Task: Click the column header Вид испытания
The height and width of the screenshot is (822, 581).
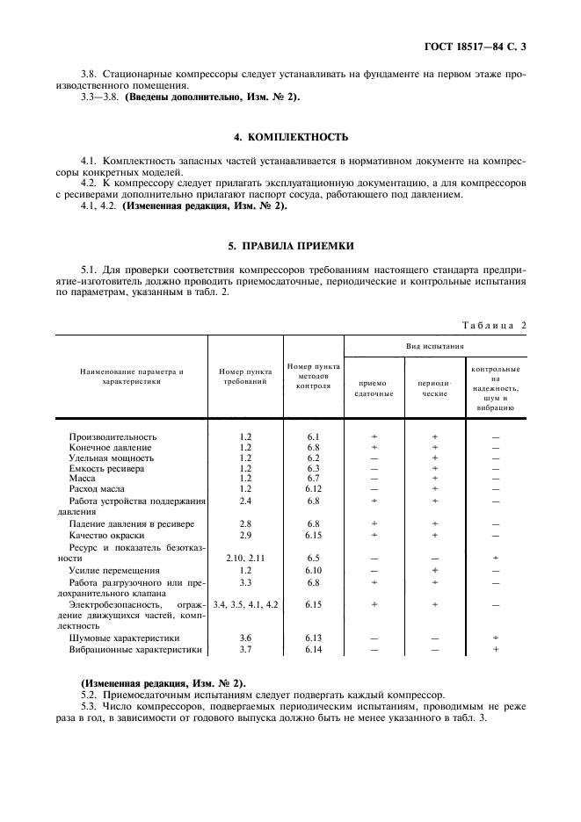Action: [x=435, y=347]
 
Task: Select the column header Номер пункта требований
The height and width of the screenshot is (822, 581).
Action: [x=245, y=378]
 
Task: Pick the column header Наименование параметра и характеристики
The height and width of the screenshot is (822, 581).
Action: [x=131, y=378]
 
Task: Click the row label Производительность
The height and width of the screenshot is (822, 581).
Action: [x=113, y=436]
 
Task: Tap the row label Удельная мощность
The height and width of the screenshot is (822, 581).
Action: [x=112, y=458]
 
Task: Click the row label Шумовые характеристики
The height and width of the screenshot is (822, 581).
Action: [x=124, y=638]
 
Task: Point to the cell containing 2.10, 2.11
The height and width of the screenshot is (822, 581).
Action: [x=245, y=558]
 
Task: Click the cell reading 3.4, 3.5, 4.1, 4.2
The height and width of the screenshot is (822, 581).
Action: [x=245, y=604]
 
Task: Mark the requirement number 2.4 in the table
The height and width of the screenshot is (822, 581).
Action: [x=245, y=501]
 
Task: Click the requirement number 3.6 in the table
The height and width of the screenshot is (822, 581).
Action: [x=245, y=638]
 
